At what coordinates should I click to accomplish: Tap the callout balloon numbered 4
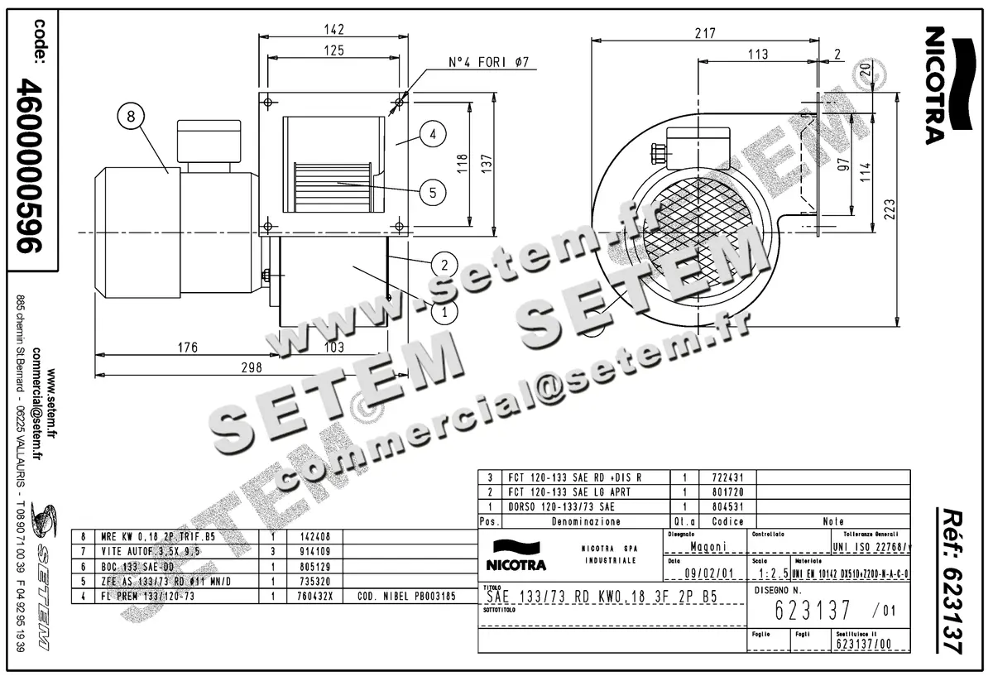tap(433, 133)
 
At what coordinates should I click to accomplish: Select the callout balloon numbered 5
tap(433, 193)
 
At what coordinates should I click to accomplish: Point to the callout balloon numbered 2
tap(444, 265)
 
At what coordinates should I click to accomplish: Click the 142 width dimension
tap(334, 27)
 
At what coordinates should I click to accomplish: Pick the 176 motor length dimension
tap(189, 348)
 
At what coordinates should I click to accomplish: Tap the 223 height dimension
tap(910, 208)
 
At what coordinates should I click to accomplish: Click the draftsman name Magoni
tap(705, 546)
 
